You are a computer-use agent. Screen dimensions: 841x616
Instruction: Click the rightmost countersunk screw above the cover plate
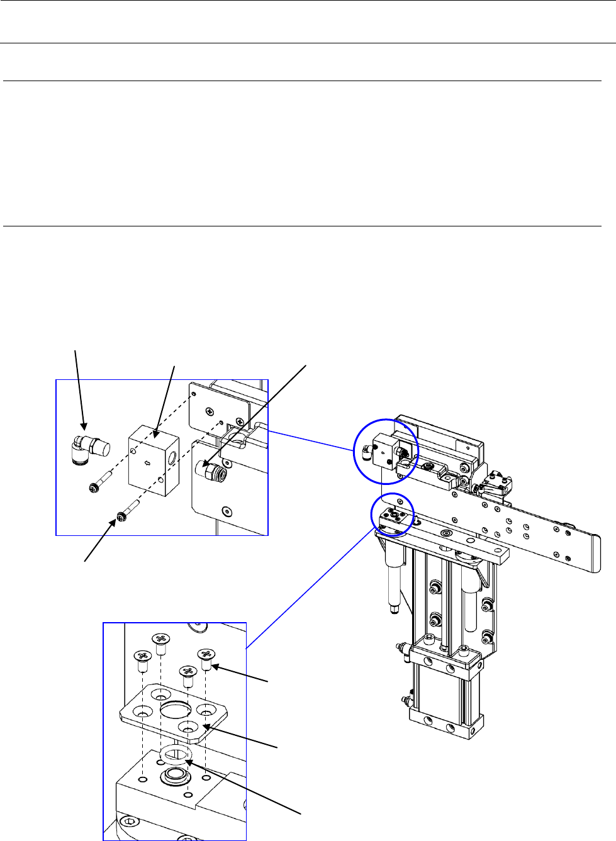pyautogui.click(x=207, y=656)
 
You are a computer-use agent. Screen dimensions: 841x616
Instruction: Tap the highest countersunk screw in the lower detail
pyautogui.click(x=161, y=640)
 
